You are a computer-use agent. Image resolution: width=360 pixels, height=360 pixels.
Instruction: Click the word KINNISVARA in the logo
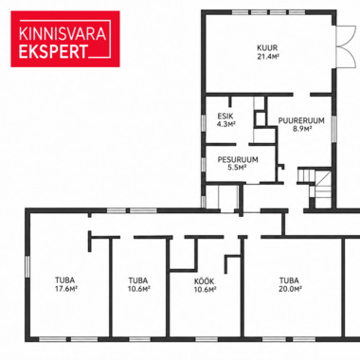(63, 34)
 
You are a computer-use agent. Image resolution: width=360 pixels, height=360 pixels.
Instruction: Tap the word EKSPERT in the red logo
(53, 52)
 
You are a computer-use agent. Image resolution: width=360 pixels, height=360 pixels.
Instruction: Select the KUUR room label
(267, 48)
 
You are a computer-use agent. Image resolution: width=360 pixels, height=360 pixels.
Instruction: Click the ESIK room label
(225, 117)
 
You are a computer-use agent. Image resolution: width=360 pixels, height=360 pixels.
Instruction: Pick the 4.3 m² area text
(226, 124)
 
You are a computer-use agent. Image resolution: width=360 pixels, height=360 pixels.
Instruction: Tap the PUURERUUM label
(301, 120)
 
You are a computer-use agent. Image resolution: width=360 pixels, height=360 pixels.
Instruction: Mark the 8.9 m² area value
(302, 128)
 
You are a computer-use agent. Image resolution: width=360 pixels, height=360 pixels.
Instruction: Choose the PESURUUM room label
(238, 159)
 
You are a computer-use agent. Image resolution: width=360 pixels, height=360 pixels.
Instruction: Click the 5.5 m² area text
(237, 168)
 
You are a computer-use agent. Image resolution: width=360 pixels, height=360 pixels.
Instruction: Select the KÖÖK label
(205, 281)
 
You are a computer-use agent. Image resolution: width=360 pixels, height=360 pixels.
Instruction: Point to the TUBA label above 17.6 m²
(65, 280)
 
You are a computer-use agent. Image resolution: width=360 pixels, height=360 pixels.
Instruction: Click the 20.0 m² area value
(291, 288)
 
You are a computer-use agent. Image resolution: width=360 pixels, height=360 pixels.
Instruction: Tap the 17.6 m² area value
(66, 288)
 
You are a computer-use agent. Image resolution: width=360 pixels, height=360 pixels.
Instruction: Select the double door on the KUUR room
(345, 45)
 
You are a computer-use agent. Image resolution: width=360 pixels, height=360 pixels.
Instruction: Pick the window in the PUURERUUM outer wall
(333, 129)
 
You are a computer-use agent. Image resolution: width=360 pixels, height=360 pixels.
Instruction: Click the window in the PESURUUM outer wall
(204, 165)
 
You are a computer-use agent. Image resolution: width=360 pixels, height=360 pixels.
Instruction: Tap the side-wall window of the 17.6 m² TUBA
(27, 268)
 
